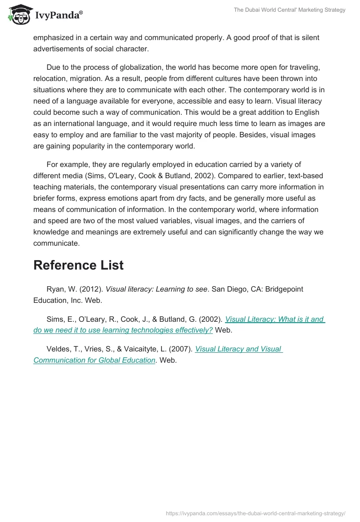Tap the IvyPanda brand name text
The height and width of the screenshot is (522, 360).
(58, 15)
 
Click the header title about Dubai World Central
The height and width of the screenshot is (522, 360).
(289, 10)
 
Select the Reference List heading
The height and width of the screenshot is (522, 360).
(78, 265)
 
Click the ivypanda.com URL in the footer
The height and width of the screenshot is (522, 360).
(255, 513)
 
